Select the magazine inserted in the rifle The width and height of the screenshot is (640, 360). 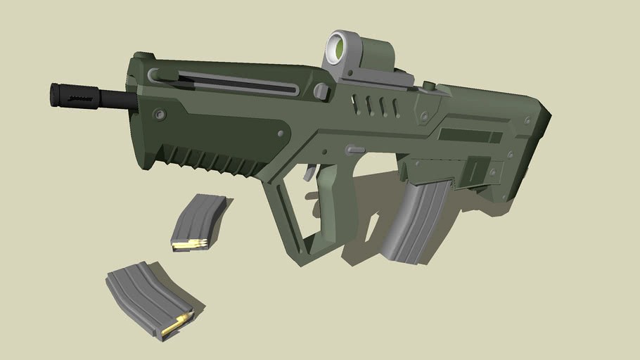(x=416, y=219)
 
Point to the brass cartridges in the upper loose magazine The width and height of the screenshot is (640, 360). (x=190, y=245)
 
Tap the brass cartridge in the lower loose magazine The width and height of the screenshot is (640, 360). (x=174, y=325)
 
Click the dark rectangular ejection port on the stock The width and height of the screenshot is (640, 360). (x=470, y=135)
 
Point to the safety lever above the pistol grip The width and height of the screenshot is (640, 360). (x=356, y=149)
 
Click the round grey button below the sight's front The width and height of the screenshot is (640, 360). (x=322, y=91)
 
